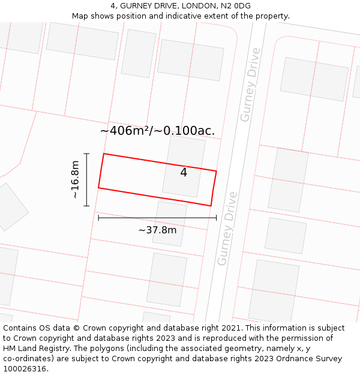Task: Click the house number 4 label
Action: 184,173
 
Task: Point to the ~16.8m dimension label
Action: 75,179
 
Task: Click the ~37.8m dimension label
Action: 157,230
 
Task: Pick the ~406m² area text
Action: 125,131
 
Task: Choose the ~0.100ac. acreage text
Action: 185,131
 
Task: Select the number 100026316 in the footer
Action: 26,369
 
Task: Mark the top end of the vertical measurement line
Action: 87,154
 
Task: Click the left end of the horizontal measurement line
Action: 98,218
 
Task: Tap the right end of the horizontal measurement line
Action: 216,218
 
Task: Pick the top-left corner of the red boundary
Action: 104,154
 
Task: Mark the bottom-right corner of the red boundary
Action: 211,206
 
